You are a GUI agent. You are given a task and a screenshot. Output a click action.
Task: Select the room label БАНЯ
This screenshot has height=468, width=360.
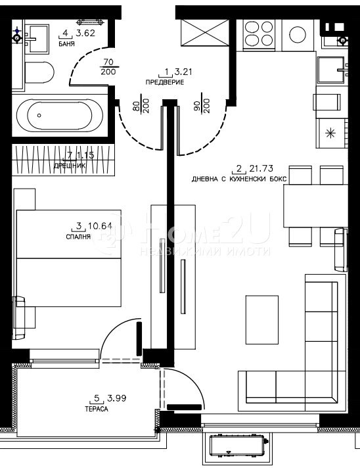point(66,44)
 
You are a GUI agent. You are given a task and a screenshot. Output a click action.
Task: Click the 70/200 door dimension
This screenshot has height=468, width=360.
point(109,68)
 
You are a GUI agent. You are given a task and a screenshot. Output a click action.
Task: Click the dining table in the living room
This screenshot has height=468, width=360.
point(315,205)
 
